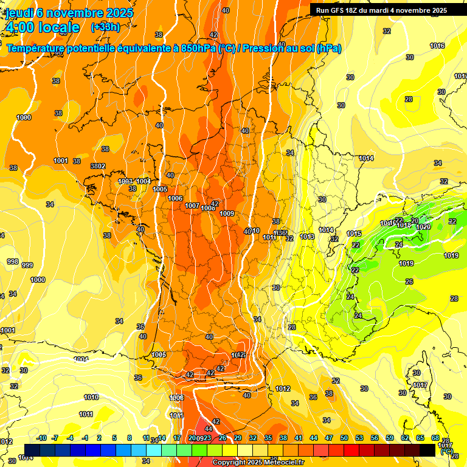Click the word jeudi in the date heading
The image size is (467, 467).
20,13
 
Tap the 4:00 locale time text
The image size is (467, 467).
42,27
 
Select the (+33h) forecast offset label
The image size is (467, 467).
105,27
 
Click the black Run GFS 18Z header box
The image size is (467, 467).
381,10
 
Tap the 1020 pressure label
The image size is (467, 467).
423,227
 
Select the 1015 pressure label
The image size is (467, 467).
354,234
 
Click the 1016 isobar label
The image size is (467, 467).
437,46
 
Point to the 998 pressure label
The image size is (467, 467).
12,261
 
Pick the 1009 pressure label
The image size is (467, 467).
227,213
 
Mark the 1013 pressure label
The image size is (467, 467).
307,237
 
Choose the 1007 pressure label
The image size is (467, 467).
192,206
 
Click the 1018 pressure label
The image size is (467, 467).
404,226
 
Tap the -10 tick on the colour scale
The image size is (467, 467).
41,438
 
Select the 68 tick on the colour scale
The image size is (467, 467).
435,438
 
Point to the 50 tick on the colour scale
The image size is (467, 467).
344,438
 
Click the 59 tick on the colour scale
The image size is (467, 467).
390,438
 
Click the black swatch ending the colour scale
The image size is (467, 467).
427,449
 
